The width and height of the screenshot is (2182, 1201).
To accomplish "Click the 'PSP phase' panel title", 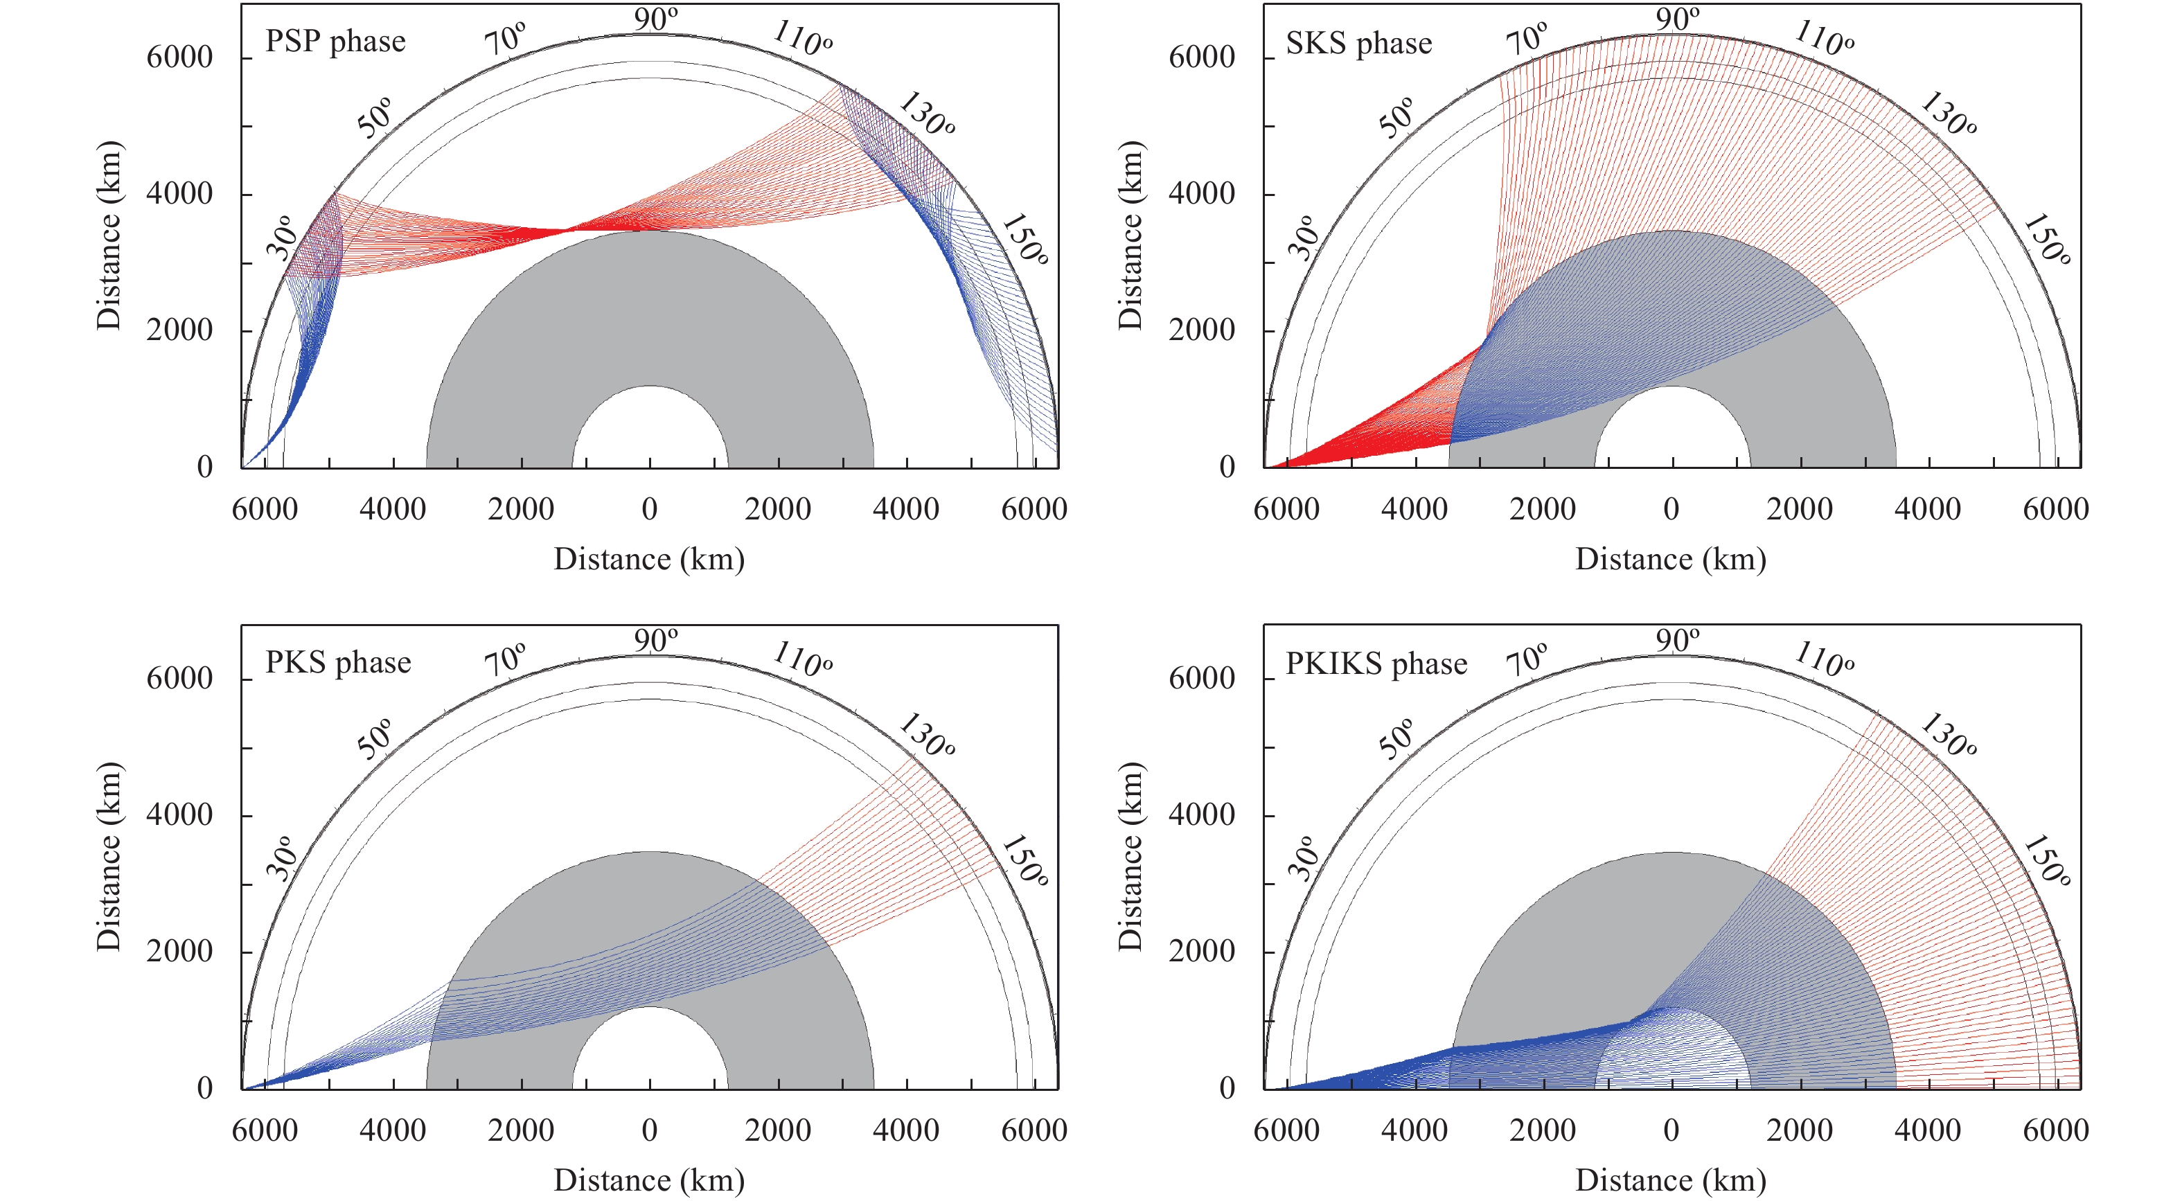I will tap(335, 42).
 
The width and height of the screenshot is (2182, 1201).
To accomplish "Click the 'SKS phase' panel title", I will tap(1358, 43).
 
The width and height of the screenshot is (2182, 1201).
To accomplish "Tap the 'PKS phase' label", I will tap(338, 662).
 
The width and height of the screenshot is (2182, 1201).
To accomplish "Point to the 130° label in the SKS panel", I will tap(1947, 115).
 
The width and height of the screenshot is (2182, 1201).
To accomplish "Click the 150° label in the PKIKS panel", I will tap(2046, 862).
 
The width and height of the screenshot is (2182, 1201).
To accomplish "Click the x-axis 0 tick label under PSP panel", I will tap(650, 510).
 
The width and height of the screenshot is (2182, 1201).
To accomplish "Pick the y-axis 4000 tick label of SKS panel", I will tap(1201, 194).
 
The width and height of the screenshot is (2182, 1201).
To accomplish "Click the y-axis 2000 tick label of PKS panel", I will tap(179, 951).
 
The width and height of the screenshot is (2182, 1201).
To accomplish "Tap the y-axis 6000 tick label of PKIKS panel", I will tap(1201, 679).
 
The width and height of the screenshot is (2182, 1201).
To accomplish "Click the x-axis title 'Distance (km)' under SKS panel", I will tap(1670, 560).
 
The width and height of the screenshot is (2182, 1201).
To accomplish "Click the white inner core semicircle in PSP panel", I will tap(650, 432).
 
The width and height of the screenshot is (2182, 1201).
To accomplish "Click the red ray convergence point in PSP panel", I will tap(566, 229).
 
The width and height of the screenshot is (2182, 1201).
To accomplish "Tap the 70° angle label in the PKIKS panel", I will tap(1527, 659).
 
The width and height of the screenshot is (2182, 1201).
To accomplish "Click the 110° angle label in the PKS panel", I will tap(803, 659).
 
